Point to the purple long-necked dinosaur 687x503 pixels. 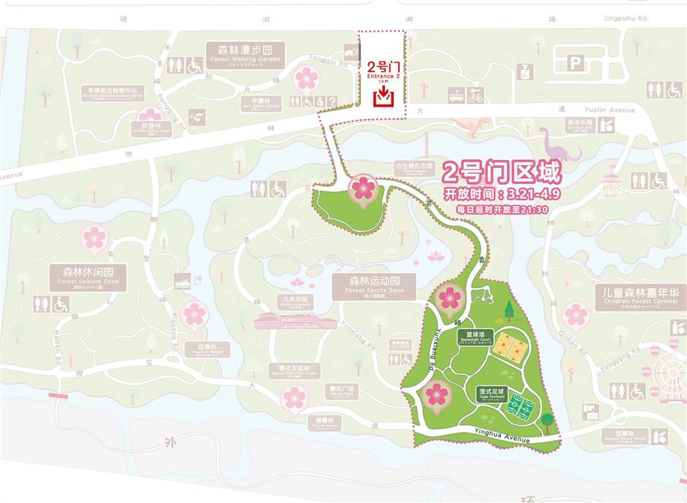[x=559, y=144]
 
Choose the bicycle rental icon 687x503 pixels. [x=475, y=96]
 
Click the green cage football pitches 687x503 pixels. [x=523, y=403]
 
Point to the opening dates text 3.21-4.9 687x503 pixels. [x=496, y=194]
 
